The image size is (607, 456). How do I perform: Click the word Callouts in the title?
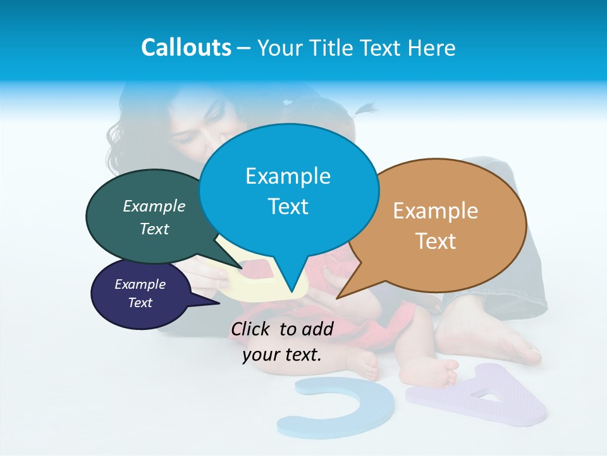pos(186,47)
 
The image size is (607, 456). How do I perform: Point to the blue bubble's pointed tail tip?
pos(291,293)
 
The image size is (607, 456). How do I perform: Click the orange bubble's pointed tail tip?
pos(337,298)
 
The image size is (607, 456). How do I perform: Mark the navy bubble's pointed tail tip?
pos(219,303)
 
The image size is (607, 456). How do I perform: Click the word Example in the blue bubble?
pos(288,176)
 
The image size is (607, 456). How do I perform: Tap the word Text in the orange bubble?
pos(436,241)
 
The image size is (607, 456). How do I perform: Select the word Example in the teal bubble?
pos(154,206)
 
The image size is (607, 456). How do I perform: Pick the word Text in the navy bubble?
pos(140,303)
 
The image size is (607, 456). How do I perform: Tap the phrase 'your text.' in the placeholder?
pos(282,355)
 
